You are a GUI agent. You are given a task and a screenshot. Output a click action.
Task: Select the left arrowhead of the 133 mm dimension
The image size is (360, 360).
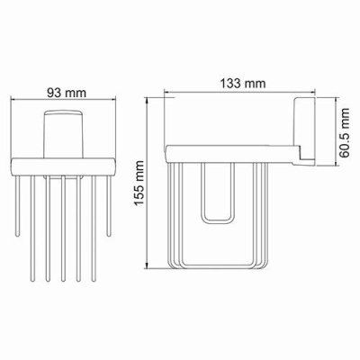(167, 94)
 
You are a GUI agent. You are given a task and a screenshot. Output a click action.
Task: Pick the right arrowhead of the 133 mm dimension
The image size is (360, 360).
(315, 94)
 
